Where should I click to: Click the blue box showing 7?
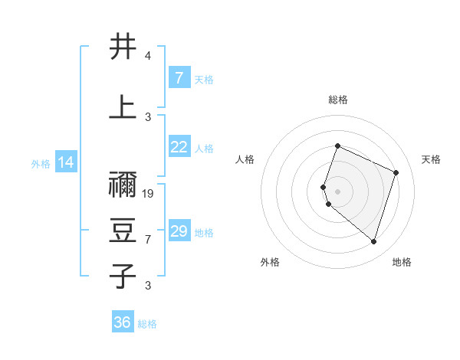click(x=179, y=78)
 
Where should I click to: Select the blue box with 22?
click(x=179, y=148)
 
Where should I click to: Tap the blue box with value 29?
click(x=179, y=231)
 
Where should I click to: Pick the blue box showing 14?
click(x=66, y=162)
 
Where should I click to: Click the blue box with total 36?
click(x=123, y=322)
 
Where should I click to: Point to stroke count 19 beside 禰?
click(x=149, y=194)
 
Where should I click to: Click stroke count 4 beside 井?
click(x=148, y=56)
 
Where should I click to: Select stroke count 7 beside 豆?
click(x=148, y=240)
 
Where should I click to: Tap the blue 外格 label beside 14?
click(x=41, y=163)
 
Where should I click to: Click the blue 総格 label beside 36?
click(x=147, y=324)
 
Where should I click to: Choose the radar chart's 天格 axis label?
click(x=431, y=159)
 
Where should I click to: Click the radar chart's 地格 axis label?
click(x=402, y=262)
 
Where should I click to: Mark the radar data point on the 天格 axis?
click(x=396, y=172)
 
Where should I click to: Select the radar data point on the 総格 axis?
click(x=337, y=146)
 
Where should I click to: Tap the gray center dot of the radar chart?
click(x=337, y=191)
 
